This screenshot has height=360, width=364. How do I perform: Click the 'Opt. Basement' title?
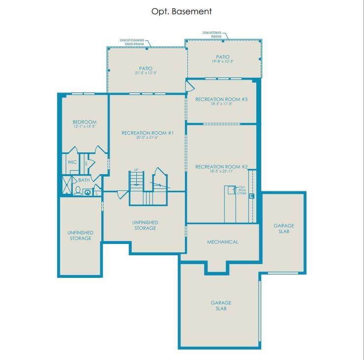pos(182,11)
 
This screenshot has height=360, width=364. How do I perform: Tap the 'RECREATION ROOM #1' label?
pos(148,133)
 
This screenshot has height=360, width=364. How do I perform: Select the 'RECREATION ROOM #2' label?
pos(221,167)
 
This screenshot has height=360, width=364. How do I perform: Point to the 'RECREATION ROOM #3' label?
pos(221,99)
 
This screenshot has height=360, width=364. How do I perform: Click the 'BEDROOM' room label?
pos(85,122)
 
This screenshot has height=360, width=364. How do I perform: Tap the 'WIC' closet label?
pos(72,162)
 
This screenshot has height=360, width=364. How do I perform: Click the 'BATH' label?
pos(84,180)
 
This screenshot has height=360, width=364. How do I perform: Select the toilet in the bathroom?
pos(78,190)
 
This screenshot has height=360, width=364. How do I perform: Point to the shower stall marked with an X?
pos(65,186)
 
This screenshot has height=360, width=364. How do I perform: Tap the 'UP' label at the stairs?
pos(136,170)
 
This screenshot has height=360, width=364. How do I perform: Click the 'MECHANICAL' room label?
pos(222,242)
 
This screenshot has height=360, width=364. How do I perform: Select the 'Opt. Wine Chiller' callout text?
pos(242,190)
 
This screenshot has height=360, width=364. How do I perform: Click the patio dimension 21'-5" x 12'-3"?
pos(146,73)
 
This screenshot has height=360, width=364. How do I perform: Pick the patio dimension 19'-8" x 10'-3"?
pos(222,62)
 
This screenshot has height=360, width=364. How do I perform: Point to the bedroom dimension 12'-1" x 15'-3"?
pos(85,127)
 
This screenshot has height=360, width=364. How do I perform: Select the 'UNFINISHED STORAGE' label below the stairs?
pos(146,225)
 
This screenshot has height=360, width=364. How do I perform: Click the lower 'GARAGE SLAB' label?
pos(221,305)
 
